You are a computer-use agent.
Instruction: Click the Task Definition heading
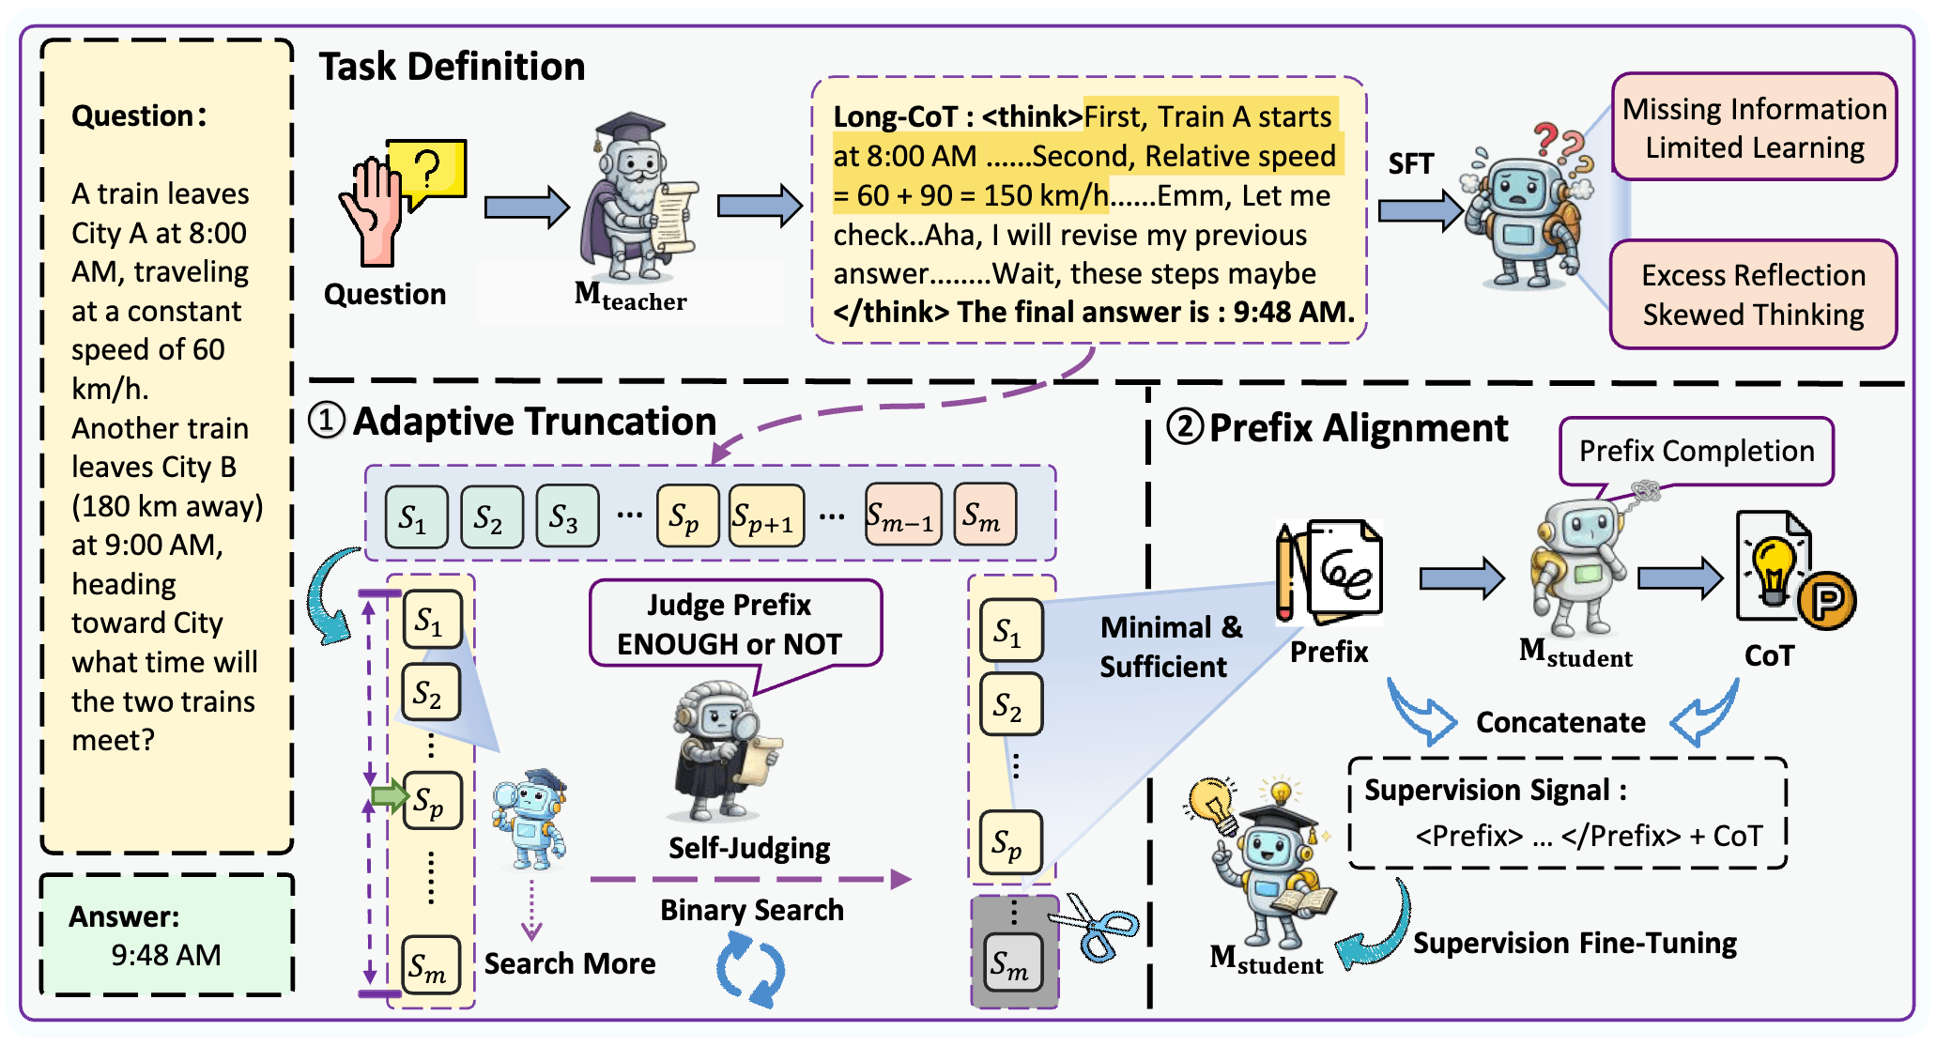point(452,68)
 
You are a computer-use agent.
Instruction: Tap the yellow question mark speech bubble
point(427,170)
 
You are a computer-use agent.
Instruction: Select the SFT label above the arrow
point(1410,164)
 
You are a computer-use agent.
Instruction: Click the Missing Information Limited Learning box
point(1754,128)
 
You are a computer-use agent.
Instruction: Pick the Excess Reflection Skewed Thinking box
point(1753,295)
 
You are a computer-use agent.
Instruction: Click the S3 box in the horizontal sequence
point(566,516)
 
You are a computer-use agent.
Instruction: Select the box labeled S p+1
point(766,516)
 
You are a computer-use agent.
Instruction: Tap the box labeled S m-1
point(902,515)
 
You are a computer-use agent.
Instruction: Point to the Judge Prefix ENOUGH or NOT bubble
point(734,624)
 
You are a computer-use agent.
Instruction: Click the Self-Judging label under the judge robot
point(748,848)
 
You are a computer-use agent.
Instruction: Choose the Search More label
point(570,963)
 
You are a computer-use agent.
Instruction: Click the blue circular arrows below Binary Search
point(750,971)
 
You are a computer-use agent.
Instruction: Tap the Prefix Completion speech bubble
point(1696,452)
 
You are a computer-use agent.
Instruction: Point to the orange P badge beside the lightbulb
point(1826,600)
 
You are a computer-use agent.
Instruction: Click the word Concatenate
point(1560,722)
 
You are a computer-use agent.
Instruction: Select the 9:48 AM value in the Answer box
point(166,955)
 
